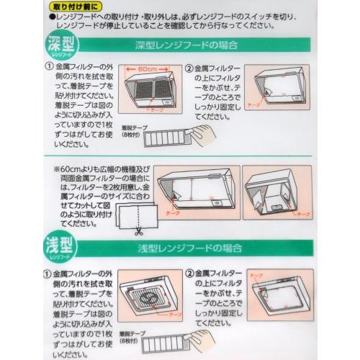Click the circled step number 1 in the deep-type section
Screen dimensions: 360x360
[x=48, y=70]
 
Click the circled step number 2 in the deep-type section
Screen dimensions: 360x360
[x=189, y=70]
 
